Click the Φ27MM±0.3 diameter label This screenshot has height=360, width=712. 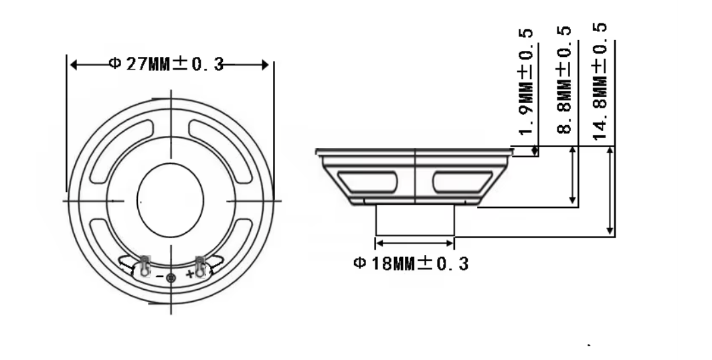click(165, 64)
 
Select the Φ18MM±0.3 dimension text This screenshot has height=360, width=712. click(411, 264)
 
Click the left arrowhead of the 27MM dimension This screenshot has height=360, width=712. click(74, 65)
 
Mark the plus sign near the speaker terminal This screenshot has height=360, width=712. click(189, 274)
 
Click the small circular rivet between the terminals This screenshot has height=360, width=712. click(171, 278)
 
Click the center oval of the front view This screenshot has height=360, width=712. click(170, 199)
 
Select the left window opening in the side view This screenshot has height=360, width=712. click(367, 181)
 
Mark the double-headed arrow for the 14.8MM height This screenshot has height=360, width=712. click(610, 191)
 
